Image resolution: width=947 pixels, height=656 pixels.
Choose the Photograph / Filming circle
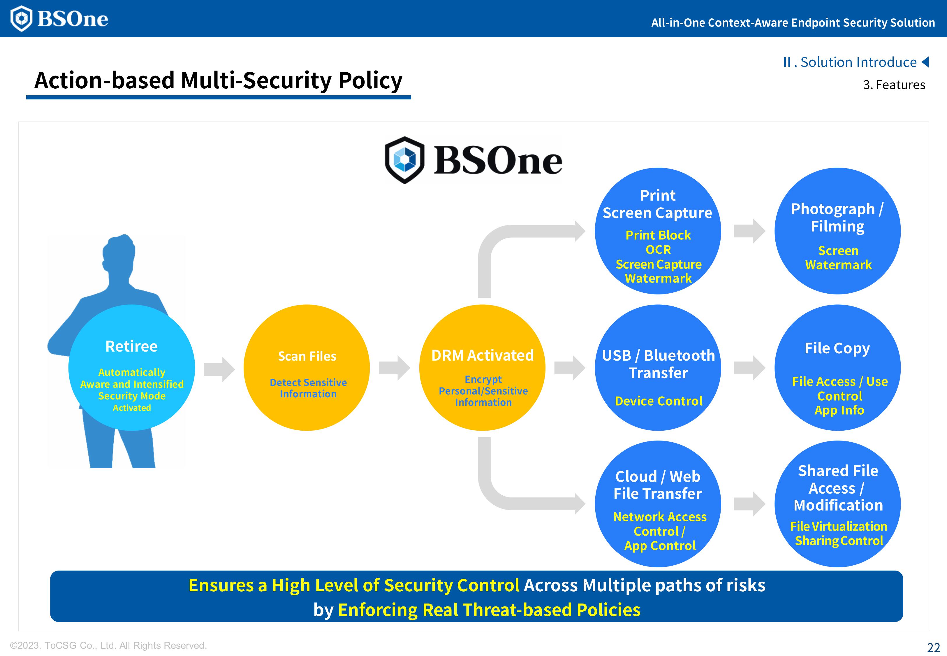[x=837, y=231]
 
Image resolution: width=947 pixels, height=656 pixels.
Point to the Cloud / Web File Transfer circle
[x=658, y=504]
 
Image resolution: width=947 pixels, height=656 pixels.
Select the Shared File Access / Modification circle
[x=837, y=504]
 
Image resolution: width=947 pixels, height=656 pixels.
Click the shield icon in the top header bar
[x=21, y=18]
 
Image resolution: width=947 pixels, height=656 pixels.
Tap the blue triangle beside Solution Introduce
[x=926, y=62]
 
